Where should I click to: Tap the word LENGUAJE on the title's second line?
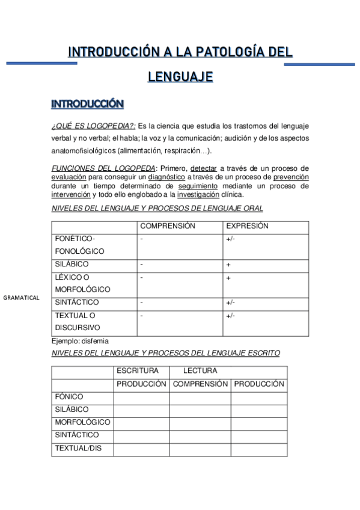(x=180, y=77)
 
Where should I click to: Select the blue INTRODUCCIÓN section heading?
(x=87, y=104)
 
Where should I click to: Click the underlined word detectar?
(x=204, y=169)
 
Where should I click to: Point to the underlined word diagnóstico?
(x=166, y=177)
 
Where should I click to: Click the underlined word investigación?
(x=198, y=194)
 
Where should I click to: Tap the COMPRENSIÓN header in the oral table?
(x=168, y=226)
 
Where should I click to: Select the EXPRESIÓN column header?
(x=246, y=226)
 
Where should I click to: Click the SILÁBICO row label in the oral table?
(x=72, y=264)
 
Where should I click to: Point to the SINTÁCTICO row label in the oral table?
(x=77, y=303)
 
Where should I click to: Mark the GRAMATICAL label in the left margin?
(x=21, y=298)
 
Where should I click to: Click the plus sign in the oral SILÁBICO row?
(x=228, y=265)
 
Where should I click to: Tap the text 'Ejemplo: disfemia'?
(x=80, y=341)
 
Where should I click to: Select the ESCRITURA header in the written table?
(x=138, y=371)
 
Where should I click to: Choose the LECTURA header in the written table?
(x=200, y=371)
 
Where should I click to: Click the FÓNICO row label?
(x=69, y=397)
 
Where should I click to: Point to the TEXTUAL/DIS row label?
(x=78, y=448)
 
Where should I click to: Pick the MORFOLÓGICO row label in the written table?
(x=82, y=422)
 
